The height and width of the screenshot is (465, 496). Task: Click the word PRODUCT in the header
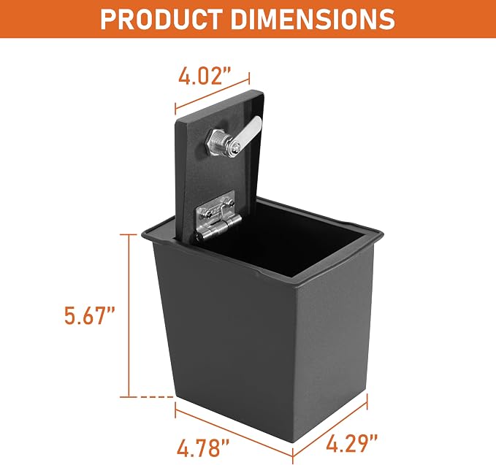(x=161, y=19)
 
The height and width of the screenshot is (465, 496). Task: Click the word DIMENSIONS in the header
(x=313, y=19)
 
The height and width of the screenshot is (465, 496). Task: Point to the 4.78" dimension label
(x=203, y=447)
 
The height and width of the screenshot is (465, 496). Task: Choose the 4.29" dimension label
(x=352, y=442)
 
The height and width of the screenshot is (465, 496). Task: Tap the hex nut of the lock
(x=214, y=141)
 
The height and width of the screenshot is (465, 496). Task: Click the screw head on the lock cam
(x=235, y=146)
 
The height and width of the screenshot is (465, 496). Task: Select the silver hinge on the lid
(x=215, y=215)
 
